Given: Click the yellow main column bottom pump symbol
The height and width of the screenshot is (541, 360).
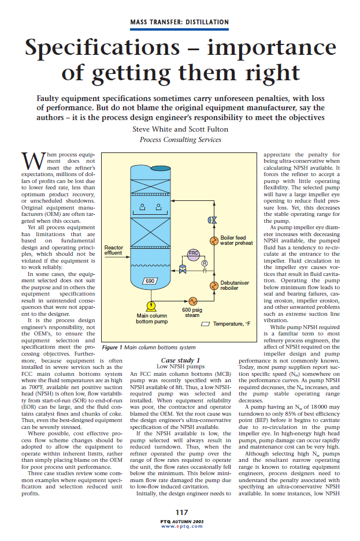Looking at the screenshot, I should click(x=151, y=306).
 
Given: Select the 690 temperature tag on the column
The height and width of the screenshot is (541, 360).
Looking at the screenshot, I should click(x=150, y=281).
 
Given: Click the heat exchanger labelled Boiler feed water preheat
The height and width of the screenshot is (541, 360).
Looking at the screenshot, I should click(x=214, y=240).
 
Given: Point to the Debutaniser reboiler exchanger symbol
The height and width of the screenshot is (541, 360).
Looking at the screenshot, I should click(x=214, y=285).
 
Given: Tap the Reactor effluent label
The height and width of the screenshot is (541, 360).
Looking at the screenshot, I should click(x=113, y=252).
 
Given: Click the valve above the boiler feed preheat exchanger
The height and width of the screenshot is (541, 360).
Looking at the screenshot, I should click(x=214, y=220).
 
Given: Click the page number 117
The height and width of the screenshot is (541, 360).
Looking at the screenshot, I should click(x=180, y=512).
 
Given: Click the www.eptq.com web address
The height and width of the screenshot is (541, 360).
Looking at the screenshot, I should click(x=180, y=526).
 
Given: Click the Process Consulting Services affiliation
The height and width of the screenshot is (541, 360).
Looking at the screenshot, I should click(x=180, y=140).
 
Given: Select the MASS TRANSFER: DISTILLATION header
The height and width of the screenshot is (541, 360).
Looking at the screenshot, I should click(x=179, y=22).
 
